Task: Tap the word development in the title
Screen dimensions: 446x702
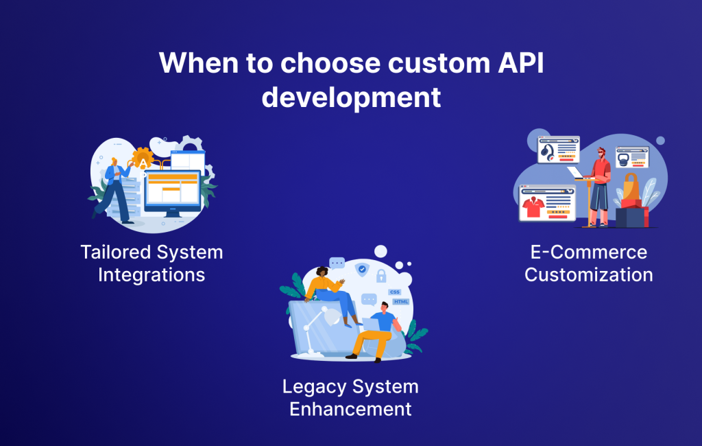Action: [x=351, y=97]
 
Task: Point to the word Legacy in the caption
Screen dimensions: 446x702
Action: [x=313, y=386]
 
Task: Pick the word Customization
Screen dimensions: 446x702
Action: [x=588, y=275]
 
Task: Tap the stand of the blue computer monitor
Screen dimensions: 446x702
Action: [x=172, y=213]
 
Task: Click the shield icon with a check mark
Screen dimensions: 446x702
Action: [x=361, y=270]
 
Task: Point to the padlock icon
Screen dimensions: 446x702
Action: [x=381, y=277]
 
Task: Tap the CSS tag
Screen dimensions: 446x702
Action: [x=394, y=292]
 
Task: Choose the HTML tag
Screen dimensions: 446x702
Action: [x=400, y=303]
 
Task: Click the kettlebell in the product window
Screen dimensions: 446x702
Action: [x=622, y=161]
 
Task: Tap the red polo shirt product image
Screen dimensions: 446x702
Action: [x=532, y=204]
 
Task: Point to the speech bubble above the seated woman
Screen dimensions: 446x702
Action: [x=337, y=263]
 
